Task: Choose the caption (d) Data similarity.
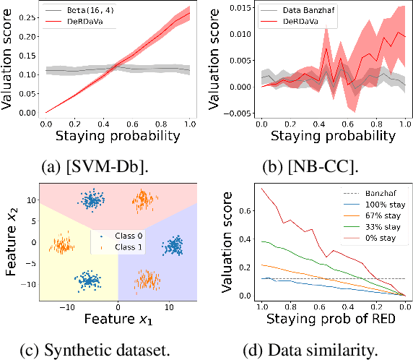(x=311, y=350)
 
